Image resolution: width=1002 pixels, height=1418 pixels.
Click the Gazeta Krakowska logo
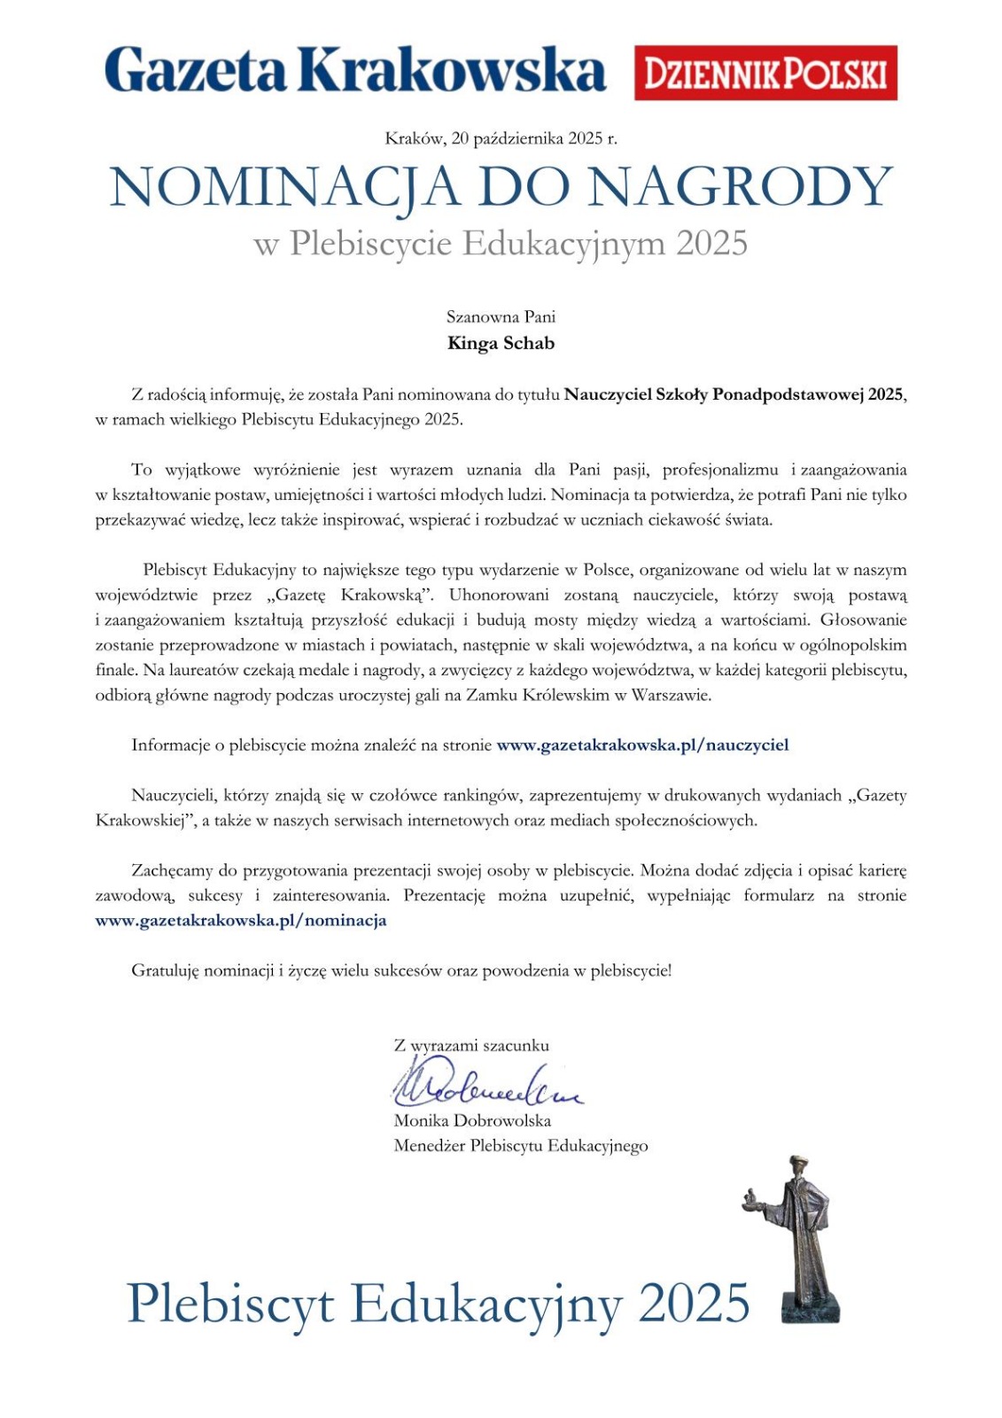pos(354,71)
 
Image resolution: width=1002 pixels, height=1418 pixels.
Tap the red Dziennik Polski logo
pos(765,73)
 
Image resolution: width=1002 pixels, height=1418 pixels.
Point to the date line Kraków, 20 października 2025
pos(501,138)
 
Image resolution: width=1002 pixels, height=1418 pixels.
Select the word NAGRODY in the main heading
pos(740,188)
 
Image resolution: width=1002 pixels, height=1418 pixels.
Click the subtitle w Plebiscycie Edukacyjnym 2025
pos(501,243)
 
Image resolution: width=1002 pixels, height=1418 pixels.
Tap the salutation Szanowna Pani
pos(501,316)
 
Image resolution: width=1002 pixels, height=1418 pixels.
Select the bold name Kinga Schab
pos(501,343)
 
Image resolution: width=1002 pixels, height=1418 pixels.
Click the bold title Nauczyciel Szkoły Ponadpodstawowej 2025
pos(734,394)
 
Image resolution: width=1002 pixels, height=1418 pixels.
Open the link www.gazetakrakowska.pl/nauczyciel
pos(642,745)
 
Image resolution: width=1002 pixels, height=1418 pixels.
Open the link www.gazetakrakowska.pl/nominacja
pos(241,921)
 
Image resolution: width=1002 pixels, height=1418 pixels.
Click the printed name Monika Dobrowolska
pos(472,1120)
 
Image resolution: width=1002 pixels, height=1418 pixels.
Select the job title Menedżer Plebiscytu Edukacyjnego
pos(521,1146)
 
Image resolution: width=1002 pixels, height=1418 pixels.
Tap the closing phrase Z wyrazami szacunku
pos(471,1046)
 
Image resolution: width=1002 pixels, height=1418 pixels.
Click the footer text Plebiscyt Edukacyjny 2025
pos(439,1304)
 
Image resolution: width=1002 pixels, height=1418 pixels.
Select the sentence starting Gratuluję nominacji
pos(401,970)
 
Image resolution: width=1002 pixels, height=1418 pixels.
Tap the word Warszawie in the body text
pos(671,696)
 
